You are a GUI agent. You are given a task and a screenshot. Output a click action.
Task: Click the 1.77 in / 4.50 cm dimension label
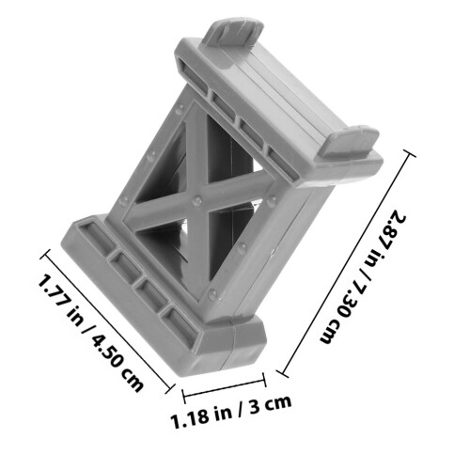point(91,333)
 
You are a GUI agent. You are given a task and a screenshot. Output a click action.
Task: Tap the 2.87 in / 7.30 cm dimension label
point(363,276)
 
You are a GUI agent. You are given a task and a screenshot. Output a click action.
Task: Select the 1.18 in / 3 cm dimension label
point(231,411)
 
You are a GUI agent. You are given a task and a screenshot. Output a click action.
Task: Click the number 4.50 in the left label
point(106,351)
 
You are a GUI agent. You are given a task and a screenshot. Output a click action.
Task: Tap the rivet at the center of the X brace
point(196,200)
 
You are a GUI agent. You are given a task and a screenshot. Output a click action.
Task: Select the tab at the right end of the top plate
point(350,140)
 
